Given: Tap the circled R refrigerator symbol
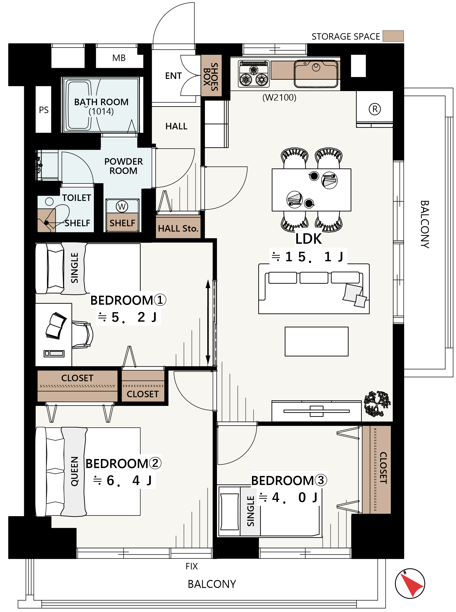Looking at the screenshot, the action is tap(375, 109).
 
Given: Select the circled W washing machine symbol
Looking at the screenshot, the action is tap(122, 206).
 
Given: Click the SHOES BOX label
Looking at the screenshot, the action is tap(211, 77).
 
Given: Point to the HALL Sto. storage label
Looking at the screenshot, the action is tap(178, 228).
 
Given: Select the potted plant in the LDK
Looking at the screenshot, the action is tap(377, 404).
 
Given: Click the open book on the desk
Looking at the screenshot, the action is tap(56, 326).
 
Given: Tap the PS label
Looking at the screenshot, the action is tap(44, 110).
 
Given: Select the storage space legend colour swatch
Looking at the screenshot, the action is tap(393, 36).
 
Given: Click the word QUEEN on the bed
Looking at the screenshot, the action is tap(74, 471).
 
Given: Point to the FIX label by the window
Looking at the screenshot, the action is tap(191, 566).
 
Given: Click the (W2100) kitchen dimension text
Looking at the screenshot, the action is tap(279, 98).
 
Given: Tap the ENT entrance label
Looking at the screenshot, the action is tap(173, 76).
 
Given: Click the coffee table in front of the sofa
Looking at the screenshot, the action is tap(317, 342).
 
